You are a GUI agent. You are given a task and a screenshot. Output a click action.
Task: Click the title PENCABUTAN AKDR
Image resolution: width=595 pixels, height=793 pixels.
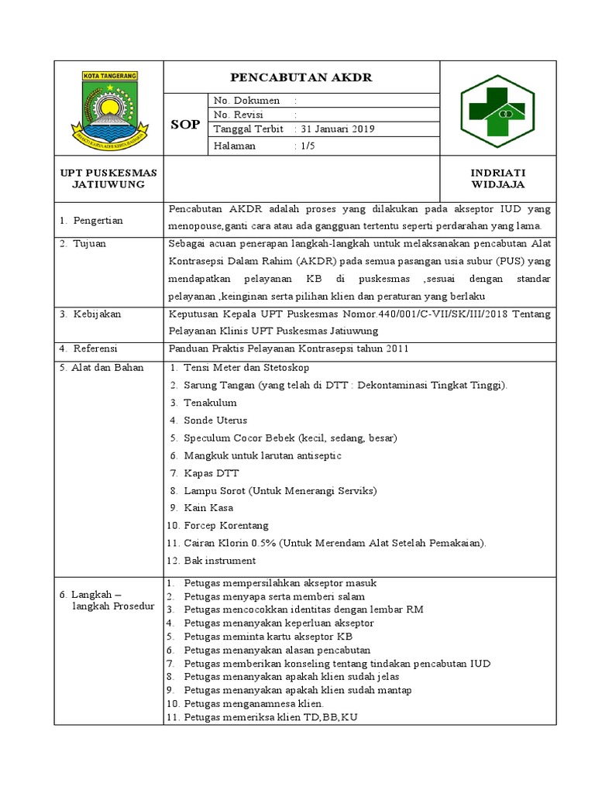[x=301, y=77]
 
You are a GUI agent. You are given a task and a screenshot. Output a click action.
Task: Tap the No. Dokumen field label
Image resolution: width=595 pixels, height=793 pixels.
[x=246, y=101]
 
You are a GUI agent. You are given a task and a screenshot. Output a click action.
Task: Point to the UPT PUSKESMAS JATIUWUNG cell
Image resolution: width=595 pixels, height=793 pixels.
[x=108, y=178]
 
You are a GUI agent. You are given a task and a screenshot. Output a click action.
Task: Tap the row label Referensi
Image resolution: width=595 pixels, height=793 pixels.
[x=91, y=349]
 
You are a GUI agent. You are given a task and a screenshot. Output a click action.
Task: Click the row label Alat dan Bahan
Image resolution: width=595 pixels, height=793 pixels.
[x=102, y=367]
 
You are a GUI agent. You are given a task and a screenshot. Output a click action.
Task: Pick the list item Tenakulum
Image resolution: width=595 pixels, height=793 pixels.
[x=209, y=403]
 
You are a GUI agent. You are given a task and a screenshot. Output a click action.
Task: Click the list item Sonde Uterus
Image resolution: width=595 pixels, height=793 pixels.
[x=215, y=421]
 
